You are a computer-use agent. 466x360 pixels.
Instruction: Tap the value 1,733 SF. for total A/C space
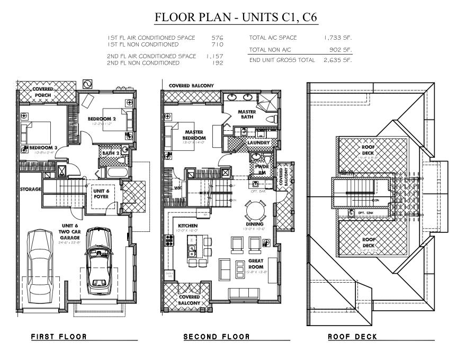coord(338,38)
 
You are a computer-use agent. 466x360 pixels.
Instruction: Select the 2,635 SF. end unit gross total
coord(338,60)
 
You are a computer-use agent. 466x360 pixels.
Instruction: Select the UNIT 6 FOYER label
coord(101,194)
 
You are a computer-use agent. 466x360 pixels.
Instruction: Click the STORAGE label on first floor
coord(31,189)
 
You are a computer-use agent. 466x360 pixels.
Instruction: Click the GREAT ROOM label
coord(255,264)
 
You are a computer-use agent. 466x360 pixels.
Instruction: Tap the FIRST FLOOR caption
coord(58,337)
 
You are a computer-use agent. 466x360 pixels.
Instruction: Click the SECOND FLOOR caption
coord(216,337)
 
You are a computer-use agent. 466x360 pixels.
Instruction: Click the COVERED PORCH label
coord(42,92)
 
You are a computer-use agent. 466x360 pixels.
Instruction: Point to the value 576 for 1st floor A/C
coord(218,38)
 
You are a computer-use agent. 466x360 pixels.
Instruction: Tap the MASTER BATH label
coord(247,114)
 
